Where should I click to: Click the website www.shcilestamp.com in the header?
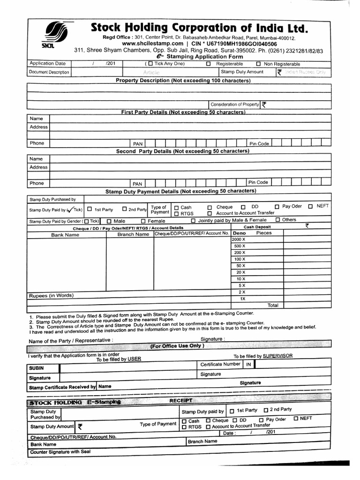tap(152, 44)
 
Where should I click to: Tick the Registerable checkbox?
tap(208, 64)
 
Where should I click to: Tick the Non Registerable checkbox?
tap(258, 64)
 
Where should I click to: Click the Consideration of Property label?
tap(234, 105)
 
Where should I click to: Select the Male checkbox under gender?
tap(109, 221)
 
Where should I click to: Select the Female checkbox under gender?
tap(143, 221)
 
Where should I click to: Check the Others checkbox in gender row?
tap(278, 220)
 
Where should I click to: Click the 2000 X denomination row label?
tap(239, 240)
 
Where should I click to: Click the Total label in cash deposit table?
tap(273, 305)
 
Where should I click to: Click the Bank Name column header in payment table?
tap(65, 235)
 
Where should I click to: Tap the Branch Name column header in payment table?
tap(133, 234)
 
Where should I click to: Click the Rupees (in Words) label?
tap(51, 295)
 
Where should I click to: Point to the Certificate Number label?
tap(220, 364)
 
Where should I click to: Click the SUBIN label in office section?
tap(37, 368)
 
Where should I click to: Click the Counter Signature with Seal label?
tap(60, 452)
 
